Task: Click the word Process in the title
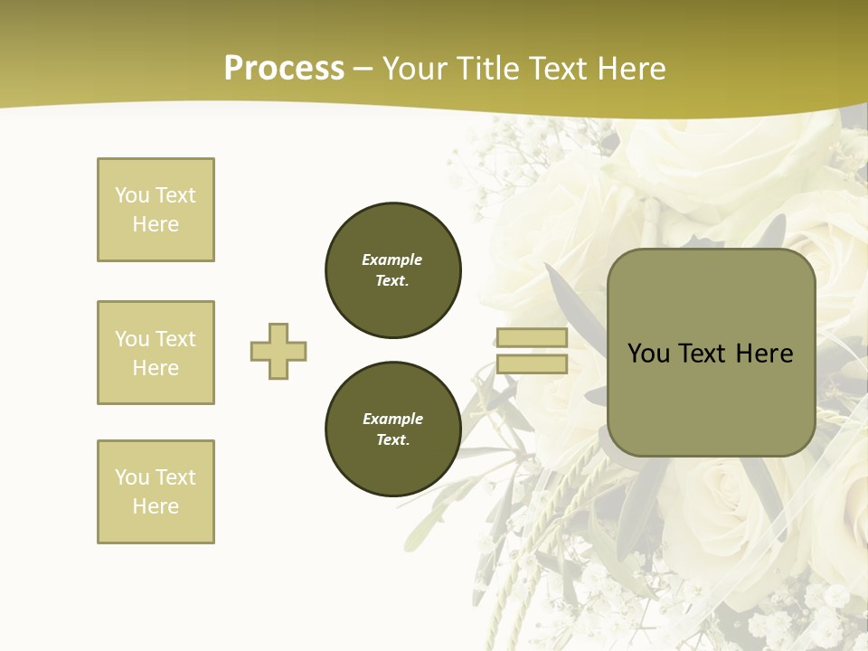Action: click(284, 69)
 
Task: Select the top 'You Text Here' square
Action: click(156, 210)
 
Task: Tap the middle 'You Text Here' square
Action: click(156, 353)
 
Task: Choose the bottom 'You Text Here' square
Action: click(156, 492)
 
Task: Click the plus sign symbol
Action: click(278, 351)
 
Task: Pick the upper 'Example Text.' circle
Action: click(392, 269)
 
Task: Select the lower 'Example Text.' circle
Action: click(392, 429)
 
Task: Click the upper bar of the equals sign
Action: click(532, 338)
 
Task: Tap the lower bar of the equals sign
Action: click(532, 364)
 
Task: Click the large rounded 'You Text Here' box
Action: click(711, 353)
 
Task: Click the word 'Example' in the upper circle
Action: click(392, 259)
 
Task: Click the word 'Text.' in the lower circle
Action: click(392, 440)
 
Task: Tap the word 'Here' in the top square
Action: click(156, 224)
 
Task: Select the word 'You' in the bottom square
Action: click(132, 477)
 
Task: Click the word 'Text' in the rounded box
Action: click(703, 354)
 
